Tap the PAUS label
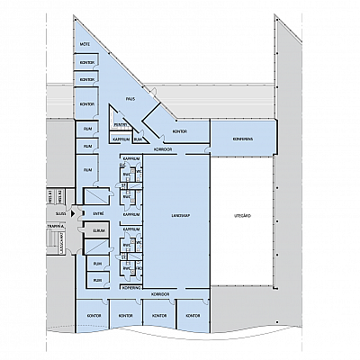click(130, 99)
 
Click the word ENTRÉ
click(98, 213)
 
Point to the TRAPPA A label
click(54, 227)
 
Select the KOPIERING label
click(130, 286)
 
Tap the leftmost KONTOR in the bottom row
click(92, 316)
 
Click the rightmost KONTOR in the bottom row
click(191, 316)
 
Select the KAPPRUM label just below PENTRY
click(120, 139)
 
